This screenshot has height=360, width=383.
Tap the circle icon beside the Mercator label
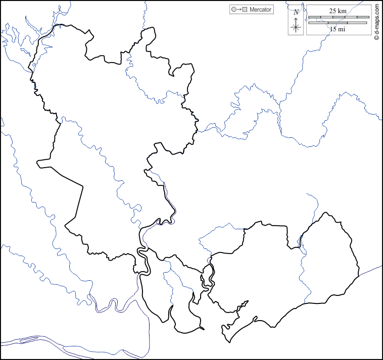click(233, 10)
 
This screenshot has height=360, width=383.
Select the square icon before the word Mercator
click(245, 10)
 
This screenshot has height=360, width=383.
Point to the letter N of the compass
click(296, 12)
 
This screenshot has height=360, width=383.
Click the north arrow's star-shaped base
click(297, 27)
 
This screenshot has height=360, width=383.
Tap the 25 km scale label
click(338, 11)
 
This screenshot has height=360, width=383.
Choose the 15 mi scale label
click(337, 29)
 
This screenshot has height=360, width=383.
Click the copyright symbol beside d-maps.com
click(377, 37)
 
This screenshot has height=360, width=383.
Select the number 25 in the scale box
click(333, 11)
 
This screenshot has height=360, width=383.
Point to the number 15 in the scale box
click(333, 29)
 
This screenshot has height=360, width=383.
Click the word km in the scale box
click(342, 11)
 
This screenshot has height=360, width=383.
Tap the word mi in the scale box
click(342, 29)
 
